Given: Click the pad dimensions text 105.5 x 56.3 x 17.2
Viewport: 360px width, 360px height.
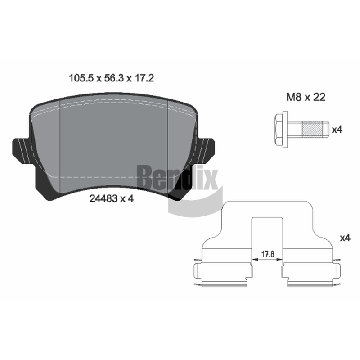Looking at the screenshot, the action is coord(111,78).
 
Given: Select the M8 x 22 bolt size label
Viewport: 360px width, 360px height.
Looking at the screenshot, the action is coord(306,97).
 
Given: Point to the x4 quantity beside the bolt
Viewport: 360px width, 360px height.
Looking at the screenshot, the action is coord(337,130).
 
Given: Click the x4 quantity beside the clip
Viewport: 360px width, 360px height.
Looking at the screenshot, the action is coord(345,238).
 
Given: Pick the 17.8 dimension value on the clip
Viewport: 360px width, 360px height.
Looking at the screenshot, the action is coord(268,254).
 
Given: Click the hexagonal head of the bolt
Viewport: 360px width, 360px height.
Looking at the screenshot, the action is coord(279,130).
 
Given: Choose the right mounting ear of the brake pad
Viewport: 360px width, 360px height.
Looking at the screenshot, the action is coord(206,151).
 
